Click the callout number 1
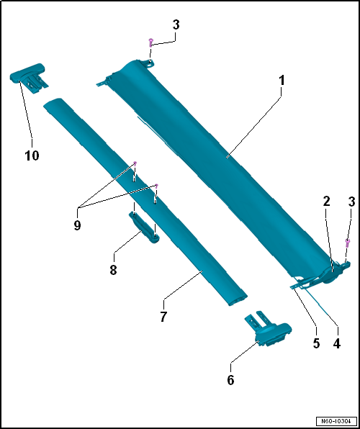[x=282, y=81]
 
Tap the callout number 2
[x=326, y=202]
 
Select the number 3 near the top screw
[x=176, y=25]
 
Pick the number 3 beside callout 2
[x=351, y=202]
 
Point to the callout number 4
[x=337, y=343]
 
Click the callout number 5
[x=317, y=343]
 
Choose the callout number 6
[x=230, y=380]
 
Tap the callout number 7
[x=163, y=317]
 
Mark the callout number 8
[x=113, y=270]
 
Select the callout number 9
[x=77, y=226]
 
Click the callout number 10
[x=32, y=155]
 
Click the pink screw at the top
[x=150, y=43]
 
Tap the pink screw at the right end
[x=348, y=243]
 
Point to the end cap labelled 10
[x=28, y=77]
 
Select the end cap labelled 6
[x=268, y=328]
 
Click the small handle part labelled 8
[x=144, y=227]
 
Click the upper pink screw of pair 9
[x=135, y=164]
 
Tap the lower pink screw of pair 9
[x=156, y=186]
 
